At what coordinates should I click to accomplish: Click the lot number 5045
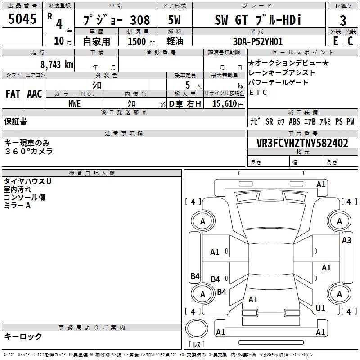22,19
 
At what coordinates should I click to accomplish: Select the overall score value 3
343,20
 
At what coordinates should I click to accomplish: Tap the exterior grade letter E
335,41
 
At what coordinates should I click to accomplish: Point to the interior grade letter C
350,41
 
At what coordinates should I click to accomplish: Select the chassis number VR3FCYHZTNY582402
302,143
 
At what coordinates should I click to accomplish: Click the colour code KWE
75,103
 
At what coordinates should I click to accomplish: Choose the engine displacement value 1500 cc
140,41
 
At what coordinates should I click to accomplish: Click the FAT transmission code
13,94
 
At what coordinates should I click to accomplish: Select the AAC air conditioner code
35,94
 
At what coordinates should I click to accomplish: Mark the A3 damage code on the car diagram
346,240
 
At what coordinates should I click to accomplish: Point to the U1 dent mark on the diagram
320,308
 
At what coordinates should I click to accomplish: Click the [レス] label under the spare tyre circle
197,345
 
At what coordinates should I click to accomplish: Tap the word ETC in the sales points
258,93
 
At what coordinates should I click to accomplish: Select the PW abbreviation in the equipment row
350,121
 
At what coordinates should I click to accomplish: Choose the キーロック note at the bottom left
23,336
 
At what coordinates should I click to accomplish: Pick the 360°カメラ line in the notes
29,151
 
